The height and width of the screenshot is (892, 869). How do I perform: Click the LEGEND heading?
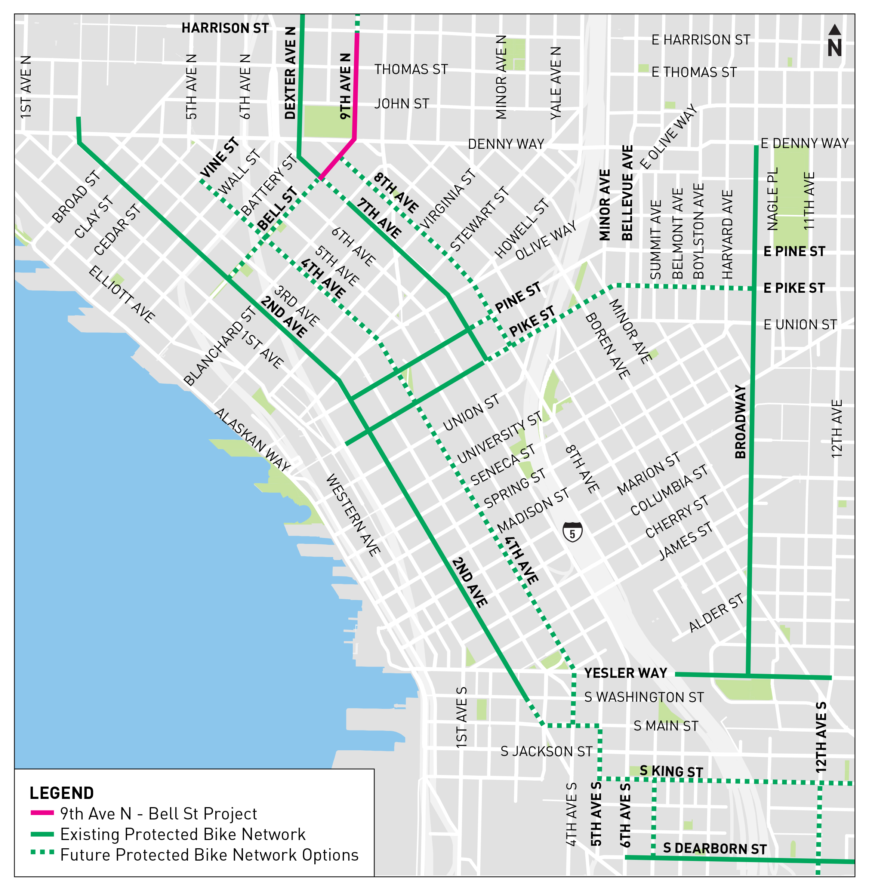click(x=62, y=793)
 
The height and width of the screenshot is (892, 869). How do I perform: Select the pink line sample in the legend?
click(x=42, y=813)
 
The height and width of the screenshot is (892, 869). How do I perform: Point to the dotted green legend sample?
click(x=42, y=852)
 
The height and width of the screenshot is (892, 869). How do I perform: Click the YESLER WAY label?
click(x=625, y=673)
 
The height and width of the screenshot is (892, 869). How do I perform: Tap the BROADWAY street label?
click(x=740, y=421)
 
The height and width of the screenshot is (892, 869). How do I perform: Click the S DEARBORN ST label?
click(x=715, y=848)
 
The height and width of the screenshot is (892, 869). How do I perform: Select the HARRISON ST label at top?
click(x=225, y=28)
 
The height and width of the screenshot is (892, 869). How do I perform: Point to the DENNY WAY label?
click(x=506, y=144)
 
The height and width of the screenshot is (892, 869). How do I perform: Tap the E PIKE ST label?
click(x=794, y=288)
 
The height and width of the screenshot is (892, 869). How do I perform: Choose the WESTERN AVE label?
click(x=353, y=515)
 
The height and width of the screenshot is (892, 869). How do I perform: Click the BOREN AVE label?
click(x=607, y=345)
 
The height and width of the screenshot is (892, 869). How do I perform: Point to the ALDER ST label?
click(x=716, y=613)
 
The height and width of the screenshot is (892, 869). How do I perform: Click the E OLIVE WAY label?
click(x=668, y=136)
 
